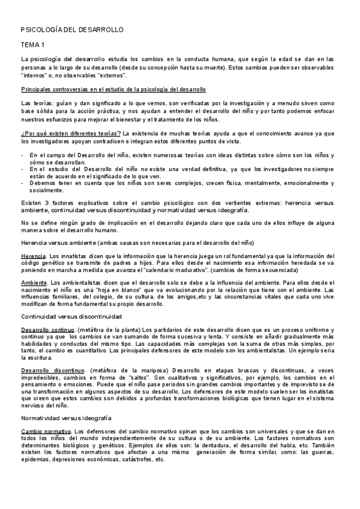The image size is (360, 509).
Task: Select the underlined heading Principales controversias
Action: (113, 89)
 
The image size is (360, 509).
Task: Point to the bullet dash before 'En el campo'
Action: (23, 155)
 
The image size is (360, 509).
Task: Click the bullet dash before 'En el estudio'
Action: (23, 169)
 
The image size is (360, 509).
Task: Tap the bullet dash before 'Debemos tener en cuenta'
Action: (23, 183)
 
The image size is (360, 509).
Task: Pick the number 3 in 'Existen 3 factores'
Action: (44, 203)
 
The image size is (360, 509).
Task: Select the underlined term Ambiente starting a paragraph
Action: (35, 282)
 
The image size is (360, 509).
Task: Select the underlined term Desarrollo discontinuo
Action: (52, 370)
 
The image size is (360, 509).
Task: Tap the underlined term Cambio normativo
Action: (46, 431)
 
